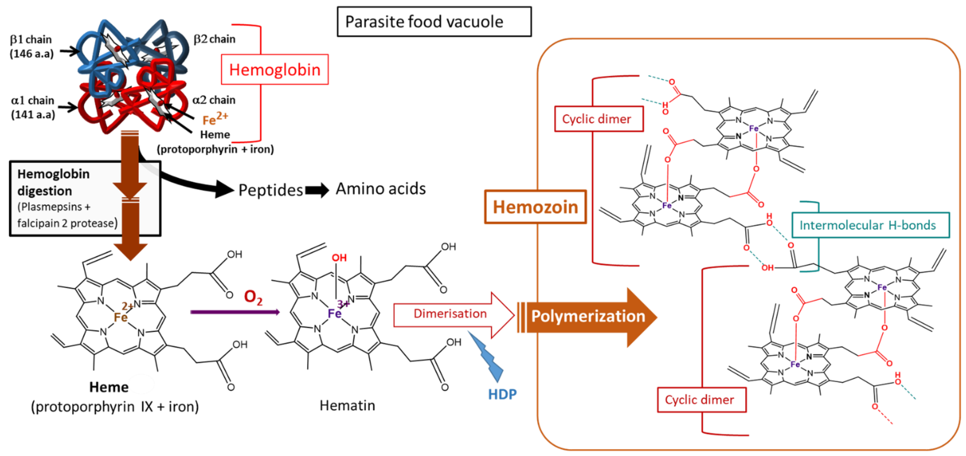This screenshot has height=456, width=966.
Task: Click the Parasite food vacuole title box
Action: (x=434, y=22)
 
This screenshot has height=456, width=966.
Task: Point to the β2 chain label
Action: (x=214, y=39)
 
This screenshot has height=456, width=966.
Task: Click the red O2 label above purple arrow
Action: (x=253, y=297)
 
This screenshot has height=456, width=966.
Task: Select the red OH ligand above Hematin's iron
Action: (x=339, y=258)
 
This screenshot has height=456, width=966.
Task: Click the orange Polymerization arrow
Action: (x=588, y=317)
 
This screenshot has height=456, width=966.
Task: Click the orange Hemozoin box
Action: (x=535, y=207)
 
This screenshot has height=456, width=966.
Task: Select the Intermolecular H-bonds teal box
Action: (x=870, y=225)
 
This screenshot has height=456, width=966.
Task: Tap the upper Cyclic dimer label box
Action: (x=598, y=119)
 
